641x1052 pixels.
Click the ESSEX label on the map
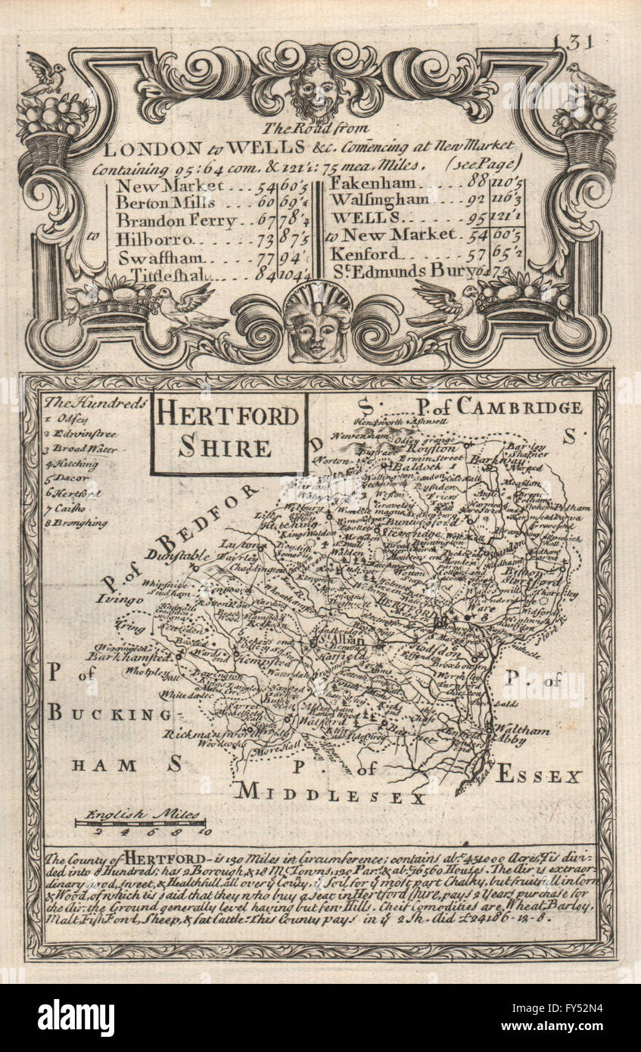540,776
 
